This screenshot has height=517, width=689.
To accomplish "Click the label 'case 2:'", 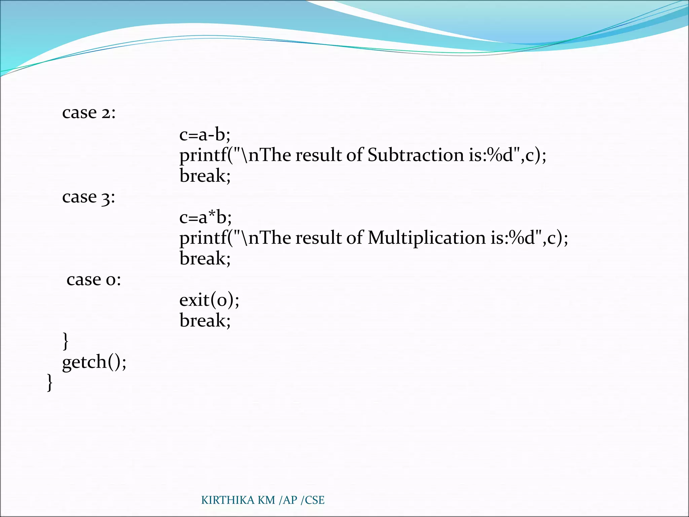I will tap(89, 113).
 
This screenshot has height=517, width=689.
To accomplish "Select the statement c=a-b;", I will tap(205, 135).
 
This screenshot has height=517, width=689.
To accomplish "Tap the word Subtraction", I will tap(415, 155).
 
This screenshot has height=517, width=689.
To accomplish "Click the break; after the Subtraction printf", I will tap(205, 176).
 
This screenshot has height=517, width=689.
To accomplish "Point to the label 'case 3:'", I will tap(88, 197).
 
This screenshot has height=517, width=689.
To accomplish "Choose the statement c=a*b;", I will tap(206, 217).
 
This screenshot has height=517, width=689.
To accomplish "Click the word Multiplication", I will tap(427, 238).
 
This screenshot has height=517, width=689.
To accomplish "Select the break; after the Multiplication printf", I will tap(205, 259).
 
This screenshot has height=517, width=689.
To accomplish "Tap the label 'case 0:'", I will tap(94, 280).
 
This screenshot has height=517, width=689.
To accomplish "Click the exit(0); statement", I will tap(209, 300).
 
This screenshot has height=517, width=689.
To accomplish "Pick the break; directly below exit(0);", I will tap(205, 320).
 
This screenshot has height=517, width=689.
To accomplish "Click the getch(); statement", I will tap(94, 363).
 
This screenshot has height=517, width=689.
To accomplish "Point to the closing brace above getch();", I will tap(66, 341).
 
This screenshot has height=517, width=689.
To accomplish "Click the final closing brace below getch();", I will tap(49, 383).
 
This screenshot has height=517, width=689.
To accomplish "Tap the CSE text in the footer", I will tap(315, 500).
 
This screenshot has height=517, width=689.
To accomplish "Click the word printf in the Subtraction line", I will tap(203, 156).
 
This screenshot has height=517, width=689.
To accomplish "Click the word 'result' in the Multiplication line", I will tap(318, 238).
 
